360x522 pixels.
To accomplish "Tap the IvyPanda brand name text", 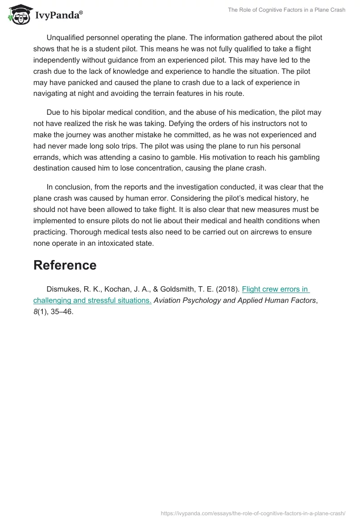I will tap(58, 16).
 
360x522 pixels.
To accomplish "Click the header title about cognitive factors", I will tap(287, 10).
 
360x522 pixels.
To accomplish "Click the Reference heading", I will tap(65, 265).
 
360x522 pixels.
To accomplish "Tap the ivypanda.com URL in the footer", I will tap(253, 513).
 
